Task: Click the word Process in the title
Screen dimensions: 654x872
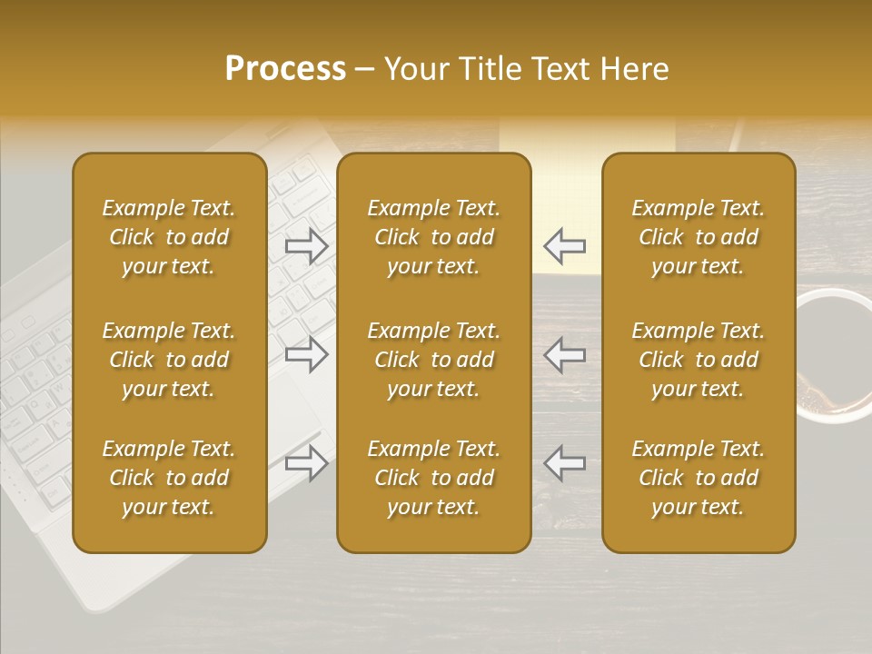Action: point(285,69)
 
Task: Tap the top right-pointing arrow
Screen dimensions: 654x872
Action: point(306,246)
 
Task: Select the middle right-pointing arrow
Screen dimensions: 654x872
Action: point(306,354)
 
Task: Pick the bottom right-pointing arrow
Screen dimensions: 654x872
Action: point(306,463)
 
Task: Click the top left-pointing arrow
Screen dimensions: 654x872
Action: point(564,246)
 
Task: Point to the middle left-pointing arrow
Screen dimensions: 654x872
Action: point(564,354)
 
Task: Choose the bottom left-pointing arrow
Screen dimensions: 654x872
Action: point(564,463)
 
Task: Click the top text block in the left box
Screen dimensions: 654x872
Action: point(169,237)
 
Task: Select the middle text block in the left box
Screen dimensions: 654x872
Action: point(169,360)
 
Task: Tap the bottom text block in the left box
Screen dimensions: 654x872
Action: point(169,478)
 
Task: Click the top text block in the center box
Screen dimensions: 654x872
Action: point(434,237)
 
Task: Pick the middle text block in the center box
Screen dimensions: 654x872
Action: point(434,360)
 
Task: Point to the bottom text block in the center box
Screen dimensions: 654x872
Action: point(434,478)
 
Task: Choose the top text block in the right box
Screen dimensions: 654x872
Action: point(699,237)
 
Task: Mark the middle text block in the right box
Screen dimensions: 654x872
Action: point(699,360)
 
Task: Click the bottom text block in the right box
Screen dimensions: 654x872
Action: point(699,478)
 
